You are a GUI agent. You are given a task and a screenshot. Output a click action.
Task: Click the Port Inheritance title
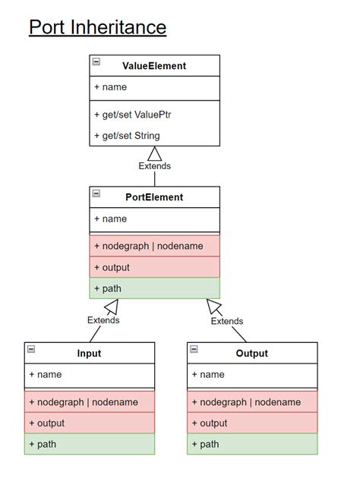[97, 28]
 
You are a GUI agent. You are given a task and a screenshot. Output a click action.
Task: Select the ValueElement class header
[154, 66]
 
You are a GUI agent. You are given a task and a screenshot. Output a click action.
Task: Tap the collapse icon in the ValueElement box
[96, 61]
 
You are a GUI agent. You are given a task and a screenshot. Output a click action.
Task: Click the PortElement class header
[154, 197]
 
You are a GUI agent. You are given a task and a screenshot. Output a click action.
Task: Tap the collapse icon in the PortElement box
[96, 193]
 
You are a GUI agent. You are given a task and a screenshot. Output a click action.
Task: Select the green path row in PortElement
[154, 288]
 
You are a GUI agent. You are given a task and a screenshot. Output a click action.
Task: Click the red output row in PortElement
[154, 267]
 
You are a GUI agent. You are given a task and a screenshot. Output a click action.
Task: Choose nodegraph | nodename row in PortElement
[154, 246]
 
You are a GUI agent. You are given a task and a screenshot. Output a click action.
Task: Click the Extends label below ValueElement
[154, 165]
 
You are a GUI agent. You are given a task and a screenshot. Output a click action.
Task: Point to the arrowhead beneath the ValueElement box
[154, 153]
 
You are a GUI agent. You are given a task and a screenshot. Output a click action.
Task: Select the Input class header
[89, 353]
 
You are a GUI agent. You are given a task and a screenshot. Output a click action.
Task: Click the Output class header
[251, 353]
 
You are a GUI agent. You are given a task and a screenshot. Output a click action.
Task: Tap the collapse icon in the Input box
[31, 349]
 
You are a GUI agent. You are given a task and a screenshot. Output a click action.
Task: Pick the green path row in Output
[251, 444]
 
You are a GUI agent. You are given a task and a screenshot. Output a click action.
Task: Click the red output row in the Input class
[89, 423]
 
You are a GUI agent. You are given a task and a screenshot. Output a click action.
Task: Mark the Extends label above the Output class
[226, 321]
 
